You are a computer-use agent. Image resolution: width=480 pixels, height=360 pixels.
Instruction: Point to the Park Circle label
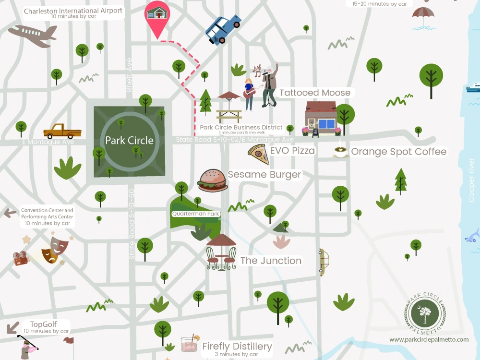coord(129,141)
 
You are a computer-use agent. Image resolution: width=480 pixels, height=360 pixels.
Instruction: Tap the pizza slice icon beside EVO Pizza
coord(258,154)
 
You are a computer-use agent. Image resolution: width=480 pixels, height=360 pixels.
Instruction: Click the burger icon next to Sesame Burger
coord(213,181)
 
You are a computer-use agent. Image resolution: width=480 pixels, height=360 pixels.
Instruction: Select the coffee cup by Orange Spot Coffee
coord(341,152)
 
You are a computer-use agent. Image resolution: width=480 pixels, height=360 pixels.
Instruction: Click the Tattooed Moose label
coord(315,93)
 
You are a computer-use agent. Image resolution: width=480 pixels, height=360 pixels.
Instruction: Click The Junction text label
coord(271,261)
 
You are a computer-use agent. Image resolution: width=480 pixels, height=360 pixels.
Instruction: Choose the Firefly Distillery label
coord(237,346)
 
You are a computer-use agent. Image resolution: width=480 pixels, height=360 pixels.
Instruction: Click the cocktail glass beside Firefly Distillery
coord(189,343)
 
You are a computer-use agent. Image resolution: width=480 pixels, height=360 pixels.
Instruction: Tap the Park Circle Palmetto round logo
coord(425,313)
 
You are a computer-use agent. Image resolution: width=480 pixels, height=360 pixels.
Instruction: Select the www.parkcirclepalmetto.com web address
coord(429,339)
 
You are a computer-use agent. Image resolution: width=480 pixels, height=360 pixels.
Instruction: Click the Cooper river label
coord(472,180)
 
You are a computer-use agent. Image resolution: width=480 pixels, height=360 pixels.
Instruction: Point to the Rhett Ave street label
coord(129,75)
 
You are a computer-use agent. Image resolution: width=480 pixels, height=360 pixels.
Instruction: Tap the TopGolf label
coord(44,324)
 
